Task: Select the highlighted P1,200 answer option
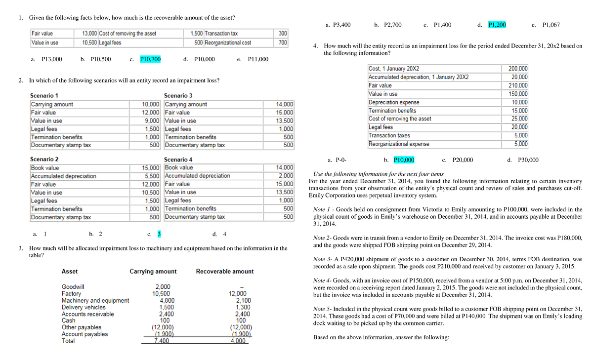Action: click(497, 25)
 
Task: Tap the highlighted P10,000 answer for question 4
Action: click(404, 160)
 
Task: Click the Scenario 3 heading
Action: click(178, 95)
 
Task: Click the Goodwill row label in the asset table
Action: click(73, 286)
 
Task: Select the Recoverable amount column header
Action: click(225, 271)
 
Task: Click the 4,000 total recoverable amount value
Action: click(237, 341)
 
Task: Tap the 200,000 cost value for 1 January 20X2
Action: click(517, 69)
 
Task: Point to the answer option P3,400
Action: click(339, 25)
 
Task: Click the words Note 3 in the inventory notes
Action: click(323, 259)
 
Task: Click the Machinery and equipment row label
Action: click(95, 300)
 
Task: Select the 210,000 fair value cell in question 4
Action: click(517, 85)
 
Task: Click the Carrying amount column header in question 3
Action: click(153, 271)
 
